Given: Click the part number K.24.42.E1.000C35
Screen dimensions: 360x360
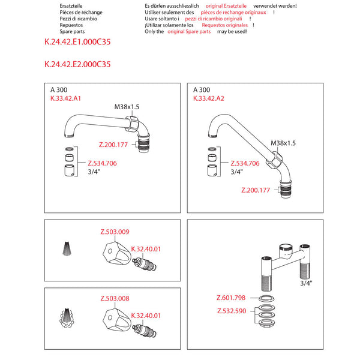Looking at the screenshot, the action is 77,42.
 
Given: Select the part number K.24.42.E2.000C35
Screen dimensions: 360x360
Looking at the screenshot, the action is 77,64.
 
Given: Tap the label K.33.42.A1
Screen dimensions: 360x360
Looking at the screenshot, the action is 65,98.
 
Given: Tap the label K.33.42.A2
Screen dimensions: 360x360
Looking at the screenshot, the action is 208,98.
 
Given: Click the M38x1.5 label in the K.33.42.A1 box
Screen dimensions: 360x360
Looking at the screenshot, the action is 127,107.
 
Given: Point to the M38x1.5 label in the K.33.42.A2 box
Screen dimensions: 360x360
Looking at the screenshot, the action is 283,143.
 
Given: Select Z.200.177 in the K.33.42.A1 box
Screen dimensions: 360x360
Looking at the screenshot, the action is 113,145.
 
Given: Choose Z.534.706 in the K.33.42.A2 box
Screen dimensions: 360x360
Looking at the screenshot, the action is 245,163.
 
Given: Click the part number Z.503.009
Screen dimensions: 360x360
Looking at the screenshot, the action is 115,232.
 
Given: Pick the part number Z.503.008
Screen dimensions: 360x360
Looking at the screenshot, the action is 115,298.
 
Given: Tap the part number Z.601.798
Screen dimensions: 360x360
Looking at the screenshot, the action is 231,298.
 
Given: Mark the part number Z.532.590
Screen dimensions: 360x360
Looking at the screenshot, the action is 232,311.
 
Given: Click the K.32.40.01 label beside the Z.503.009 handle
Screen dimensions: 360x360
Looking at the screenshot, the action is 146,249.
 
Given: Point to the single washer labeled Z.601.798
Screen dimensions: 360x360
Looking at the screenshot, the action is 266,299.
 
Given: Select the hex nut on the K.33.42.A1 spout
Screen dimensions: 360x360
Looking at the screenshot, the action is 132,124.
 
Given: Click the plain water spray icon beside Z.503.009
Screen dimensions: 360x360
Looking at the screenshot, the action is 67,248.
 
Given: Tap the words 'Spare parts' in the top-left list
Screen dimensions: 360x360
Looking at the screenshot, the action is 72,31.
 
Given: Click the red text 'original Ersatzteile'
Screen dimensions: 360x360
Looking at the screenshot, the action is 226,6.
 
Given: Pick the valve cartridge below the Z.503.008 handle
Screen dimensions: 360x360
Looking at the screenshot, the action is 145,331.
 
